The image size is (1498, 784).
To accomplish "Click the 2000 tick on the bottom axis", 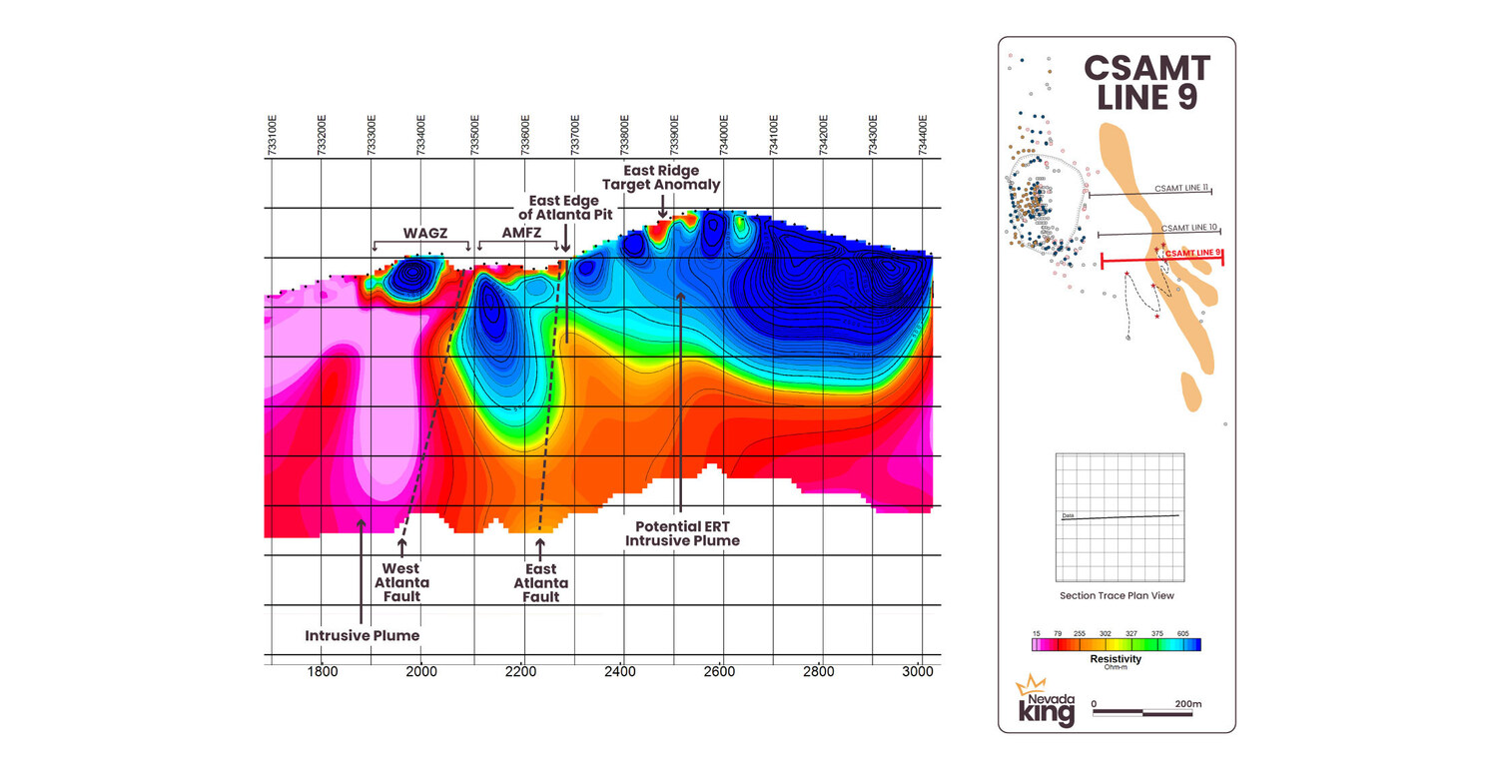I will click(421, 672).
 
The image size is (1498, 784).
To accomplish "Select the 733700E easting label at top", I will click(574, 134).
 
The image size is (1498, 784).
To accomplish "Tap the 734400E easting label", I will click(925, 134).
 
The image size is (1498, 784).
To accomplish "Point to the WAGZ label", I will click(423, 233).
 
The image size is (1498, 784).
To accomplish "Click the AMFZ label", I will click(522, 233).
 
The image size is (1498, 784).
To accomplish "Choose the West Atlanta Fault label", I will click(401, 582).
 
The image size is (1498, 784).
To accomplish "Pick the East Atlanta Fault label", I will click(540, 582).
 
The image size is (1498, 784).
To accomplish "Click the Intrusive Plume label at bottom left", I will click(362, 635).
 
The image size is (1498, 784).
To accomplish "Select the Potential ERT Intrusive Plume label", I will click(682, 533).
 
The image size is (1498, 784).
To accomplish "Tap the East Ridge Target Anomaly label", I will click(661, 178).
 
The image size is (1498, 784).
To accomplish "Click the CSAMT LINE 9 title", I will click(1146, 83).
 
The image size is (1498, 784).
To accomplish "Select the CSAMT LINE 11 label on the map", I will click(1181, 188).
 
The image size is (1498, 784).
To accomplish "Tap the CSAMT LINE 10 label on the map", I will click(1188, 228).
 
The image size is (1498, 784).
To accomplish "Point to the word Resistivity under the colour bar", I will click(1117, 659).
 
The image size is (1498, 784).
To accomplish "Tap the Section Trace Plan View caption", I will click(1117, 595).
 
